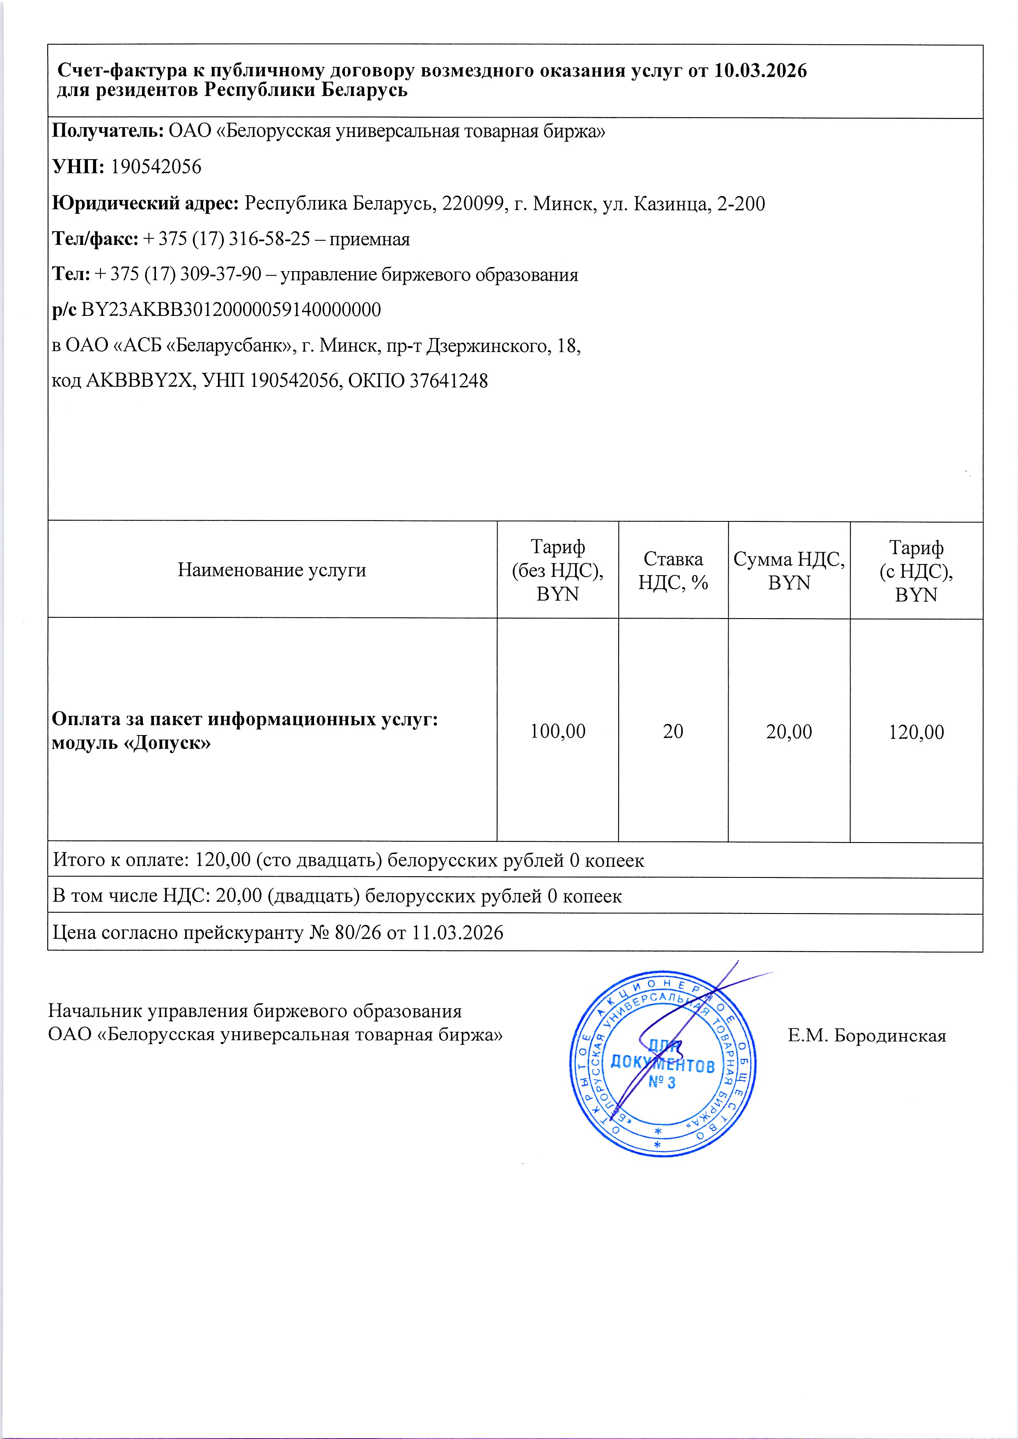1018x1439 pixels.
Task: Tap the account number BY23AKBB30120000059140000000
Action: tap(231, 310)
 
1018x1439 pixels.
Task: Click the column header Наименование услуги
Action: tap(272, 570)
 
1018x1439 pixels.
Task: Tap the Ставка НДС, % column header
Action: tap(673, 570)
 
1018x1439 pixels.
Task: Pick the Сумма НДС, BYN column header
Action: tap(789, 570)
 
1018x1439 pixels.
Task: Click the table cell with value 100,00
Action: tap(557, 731)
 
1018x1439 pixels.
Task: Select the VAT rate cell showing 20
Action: tap(673, 731)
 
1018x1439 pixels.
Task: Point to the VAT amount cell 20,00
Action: tap(789, 731)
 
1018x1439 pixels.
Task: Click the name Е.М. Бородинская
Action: tap(867, 1036)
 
